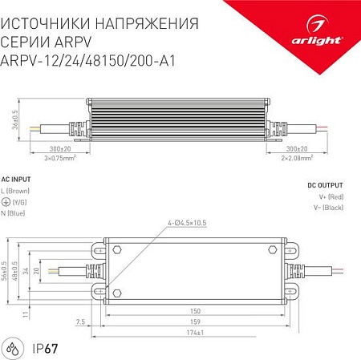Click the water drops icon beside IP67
(15, 349)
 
